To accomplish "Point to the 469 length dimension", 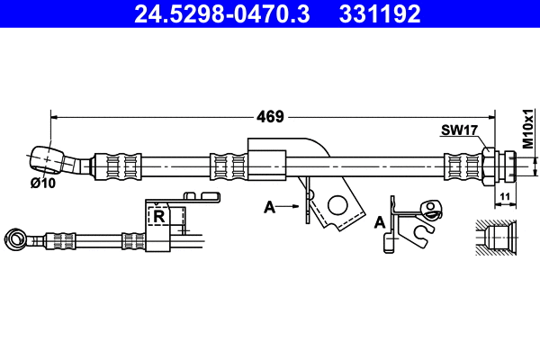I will coord(270,116).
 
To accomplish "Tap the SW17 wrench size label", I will coord(458,130).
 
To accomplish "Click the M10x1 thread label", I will coord(527,129).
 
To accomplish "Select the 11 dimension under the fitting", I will coord(505,196).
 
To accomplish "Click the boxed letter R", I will coord(159,217).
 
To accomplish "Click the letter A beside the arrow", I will coord(268,208).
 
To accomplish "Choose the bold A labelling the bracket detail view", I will coord(381,221).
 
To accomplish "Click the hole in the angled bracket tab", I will coord(338,205).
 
